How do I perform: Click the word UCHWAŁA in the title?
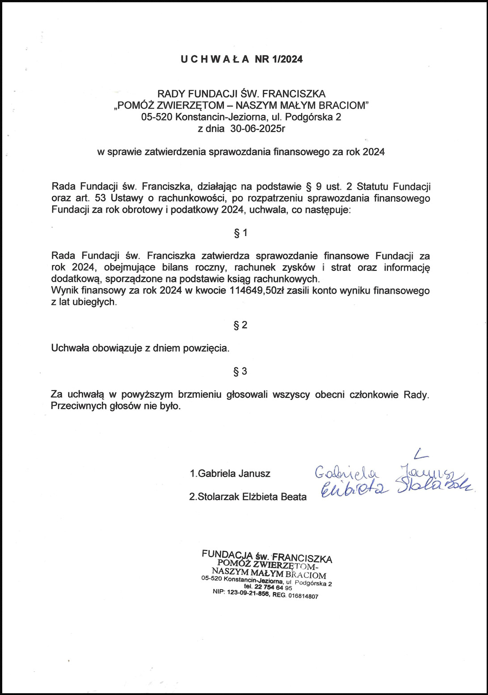(x=215, y=59)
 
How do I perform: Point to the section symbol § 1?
(x=240, y=233)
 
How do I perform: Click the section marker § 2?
(x=240, y=325)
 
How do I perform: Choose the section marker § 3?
(x=240, y=371)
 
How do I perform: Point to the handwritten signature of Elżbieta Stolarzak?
(x=393, y=488)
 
